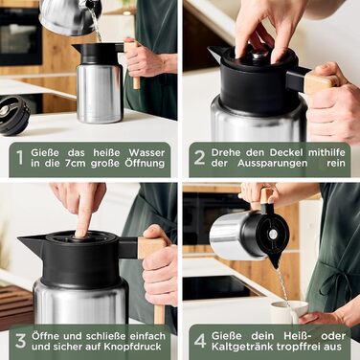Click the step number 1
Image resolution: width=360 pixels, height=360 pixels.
[20, 158]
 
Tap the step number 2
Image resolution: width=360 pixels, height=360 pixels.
[199, 158]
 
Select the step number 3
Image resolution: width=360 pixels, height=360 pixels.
[20, 341]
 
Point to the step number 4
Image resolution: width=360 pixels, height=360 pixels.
[200, 341]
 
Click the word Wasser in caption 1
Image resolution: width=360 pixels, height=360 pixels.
[146, 152]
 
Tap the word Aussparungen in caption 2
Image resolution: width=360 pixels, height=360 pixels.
[273, 164]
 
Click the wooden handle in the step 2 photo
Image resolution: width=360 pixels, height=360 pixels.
[322, 82]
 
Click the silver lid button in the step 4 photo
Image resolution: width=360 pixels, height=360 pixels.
[272, 234]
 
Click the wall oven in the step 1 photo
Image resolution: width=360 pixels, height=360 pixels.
[20, 36]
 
